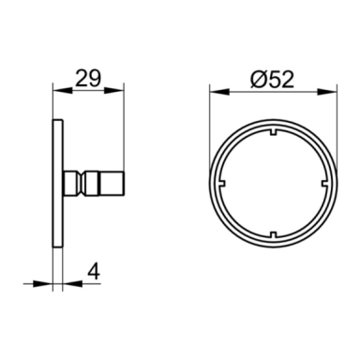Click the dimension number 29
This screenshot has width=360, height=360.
click(88, 78)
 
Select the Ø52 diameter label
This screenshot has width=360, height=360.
click(272, 79)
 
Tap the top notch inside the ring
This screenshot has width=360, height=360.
click(273, 132)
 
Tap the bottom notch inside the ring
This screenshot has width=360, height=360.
click(273, 234)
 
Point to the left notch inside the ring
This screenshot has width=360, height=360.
click(222, 184)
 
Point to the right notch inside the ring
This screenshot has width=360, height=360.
click(324, 184)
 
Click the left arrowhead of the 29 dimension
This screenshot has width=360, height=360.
click(63, 91)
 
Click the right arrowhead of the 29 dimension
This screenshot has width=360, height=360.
click(114, 91)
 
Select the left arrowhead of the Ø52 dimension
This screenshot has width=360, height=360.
click(219, 92)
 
